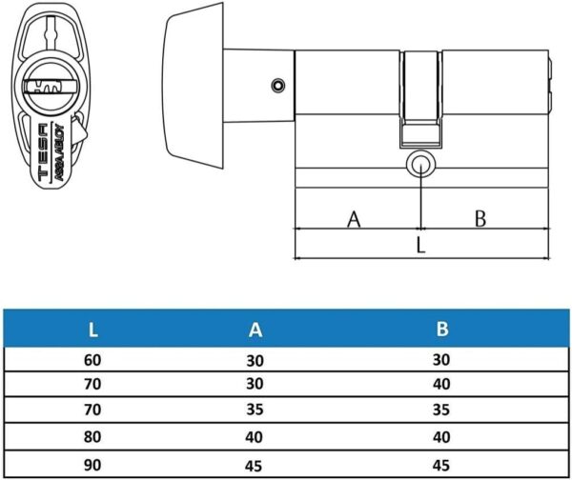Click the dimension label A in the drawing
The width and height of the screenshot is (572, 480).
pyautogui.click(x=354, y=219)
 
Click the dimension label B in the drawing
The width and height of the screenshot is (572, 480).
pyautogui.click(x=480, y=219)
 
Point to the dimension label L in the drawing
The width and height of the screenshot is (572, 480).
pyautogui.click(x=420, y=246)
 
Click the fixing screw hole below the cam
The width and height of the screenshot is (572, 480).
pyautogui.click(x=419, y=164)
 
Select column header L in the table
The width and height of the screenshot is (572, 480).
pyautogui.click(x=92, y=330)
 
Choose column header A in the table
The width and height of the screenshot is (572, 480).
pyautogui.click(x=255, y=330)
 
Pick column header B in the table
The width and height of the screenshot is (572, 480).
pyautogui.click(x=442, y=330)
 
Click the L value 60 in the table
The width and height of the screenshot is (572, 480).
pyautogui.click(x=92, y=361)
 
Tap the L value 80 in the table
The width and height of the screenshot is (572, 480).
pyautogui.click(x=92, y=440)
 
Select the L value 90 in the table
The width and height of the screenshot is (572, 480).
pyautogui.click(x=92, y=467)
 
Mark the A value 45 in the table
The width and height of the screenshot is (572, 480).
pyautogui.click(x=255, y=467)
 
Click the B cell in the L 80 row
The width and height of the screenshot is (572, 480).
pyautogui.click(x=442, y=440)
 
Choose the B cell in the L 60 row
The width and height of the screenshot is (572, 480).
pyautogui.click(x=442, y=361)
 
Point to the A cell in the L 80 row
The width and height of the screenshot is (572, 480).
pyautogui.click(x=255, y=440)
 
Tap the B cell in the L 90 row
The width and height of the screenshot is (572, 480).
pyautogui.click(x=442, y=467)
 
